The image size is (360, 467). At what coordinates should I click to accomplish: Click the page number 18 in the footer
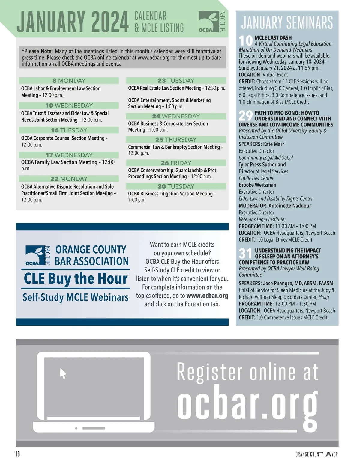point(18,454)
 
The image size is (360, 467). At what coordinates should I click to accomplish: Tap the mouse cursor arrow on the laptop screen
point(63,373)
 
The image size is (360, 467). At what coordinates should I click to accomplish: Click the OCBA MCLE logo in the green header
point(211,22)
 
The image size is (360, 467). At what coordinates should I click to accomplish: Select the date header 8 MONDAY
point(69,81)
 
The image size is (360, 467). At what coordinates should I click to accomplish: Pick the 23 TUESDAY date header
point(176,81)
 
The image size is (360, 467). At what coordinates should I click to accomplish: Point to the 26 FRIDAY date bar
point(176,163)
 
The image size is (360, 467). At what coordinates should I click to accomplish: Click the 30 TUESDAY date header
point(176,186)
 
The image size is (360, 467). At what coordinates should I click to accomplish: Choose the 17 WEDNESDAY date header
point(69,155)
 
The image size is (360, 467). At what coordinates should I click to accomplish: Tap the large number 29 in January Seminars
point(246,115)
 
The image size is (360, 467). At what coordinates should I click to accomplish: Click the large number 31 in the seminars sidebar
point(246,254)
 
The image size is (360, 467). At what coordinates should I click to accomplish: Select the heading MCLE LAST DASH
point(273,38)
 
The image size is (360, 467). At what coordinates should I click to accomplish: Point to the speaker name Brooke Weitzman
point(257,185)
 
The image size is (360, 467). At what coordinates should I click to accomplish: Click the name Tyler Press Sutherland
point(262,165)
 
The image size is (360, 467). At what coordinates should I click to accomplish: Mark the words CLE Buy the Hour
point(76,278)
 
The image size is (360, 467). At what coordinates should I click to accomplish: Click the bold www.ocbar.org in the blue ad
point(207,296)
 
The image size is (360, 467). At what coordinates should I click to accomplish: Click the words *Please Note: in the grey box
point(37,51)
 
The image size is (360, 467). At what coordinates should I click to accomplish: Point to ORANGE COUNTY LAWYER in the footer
point(316,454)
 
